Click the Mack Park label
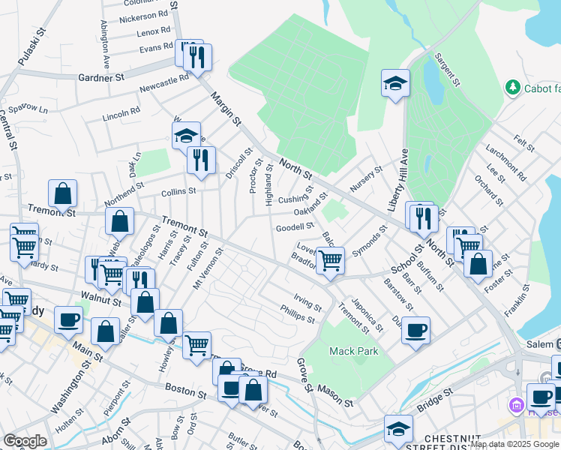(x=354, y=351)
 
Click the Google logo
(x=24, y=441)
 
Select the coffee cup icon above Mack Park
(x=415, y=329)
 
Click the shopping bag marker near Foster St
(x=478, y=263)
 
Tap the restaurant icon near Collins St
(x=200, y=160)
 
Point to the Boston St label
(x=186, y=391)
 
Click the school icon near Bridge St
(x=399, y=428)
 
